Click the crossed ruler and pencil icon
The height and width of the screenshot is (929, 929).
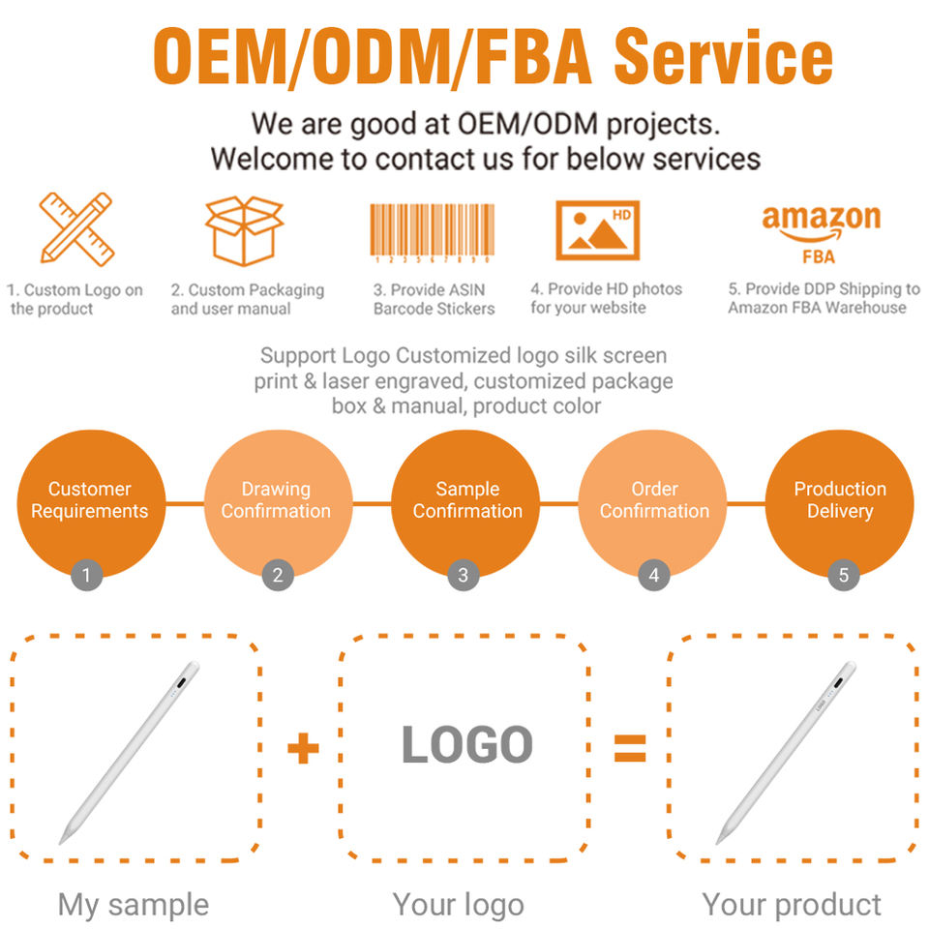point(76,228)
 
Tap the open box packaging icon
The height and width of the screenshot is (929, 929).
point(244,230)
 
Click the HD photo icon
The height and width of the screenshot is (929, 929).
point(597,229)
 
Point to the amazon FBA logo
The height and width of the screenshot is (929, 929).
point(821,233)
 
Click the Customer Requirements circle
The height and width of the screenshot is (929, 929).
point(89,501)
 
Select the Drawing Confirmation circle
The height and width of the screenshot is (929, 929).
point(276,501)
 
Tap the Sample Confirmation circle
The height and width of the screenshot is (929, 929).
point(466,501)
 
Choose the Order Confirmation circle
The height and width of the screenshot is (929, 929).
point(653,501)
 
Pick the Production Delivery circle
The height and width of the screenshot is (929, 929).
point(839,501)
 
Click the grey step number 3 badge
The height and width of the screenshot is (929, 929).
point(464,576)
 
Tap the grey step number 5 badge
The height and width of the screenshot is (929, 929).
point(843,576)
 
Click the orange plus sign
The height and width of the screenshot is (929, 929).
point(303,748)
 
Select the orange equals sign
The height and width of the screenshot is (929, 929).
point(630,747)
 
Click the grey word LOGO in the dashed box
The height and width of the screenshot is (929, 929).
point(466,745)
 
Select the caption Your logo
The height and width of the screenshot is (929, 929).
point(458,905)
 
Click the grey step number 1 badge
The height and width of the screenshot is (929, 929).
point(86,576)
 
